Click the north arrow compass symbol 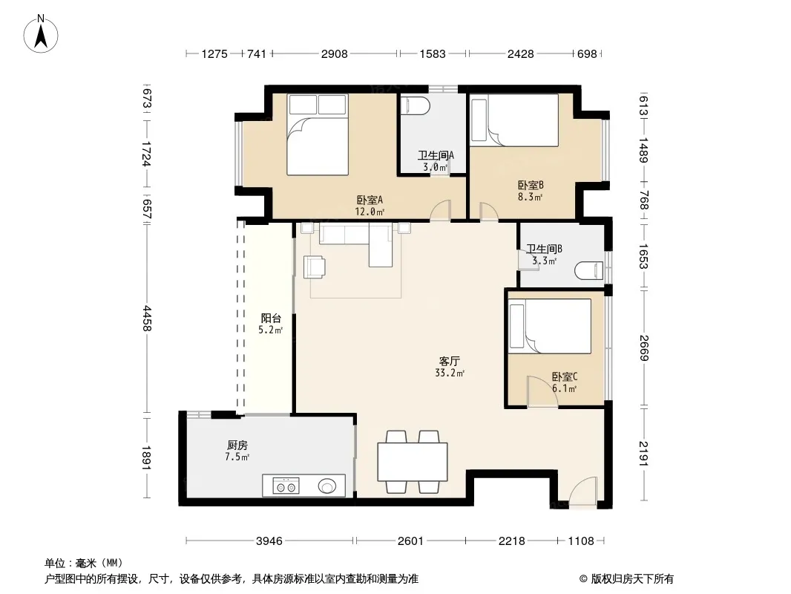(x=41, y=33)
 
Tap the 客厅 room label (x=449, y=362)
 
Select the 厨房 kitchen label (x=237, y=445)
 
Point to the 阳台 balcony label (x=271, y=319)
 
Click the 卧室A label (x=370, y=200)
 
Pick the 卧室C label (x=565, y=377)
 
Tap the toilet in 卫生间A (x=416, y=106)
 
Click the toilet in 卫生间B (x=588, y=270)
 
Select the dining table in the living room (x=413, y=462)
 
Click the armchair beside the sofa (x=315, y=267)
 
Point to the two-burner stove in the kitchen (x=286, y=486)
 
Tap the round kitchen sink (x=326, y=486)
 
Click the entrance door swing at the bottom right (x=582, y=490)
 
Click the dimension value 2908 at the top (x=335, y=53)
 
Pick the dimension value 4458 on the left (x=147, y=319)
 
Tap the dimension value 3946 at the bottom (x=269, y=541)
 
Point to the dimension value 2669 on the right (x=643, y=347)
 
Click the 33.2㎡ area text (x=450, y=373)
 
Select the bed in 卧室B (x=514, y=120)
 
